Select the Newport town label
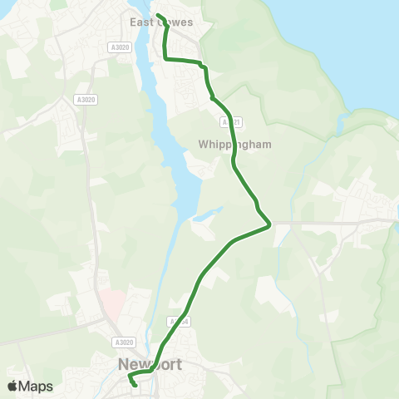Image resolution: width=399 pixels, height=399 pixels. tap(150, 365)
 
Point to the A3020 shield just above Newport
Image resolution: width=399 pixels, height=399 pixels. tap(123, 342)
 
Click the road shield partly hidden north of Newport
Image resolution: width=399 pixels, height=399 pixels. tap(177, 321)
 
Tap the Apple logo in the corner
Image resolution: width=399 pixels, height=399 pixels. tap(12, 386)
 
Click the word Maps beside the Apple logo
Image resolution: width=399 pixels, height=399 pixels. tap(36, 387)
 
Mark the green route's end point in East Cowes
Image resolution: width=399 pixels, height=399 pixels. tap(157, 14)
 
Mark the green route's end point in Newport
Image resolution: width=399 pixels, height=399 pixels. tap(135, 386)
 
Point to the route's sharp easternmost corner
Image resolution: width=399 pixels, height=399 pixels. tap(271, 224)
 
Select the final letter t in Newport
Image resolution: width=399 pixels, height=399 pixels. tap(179, 365)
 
